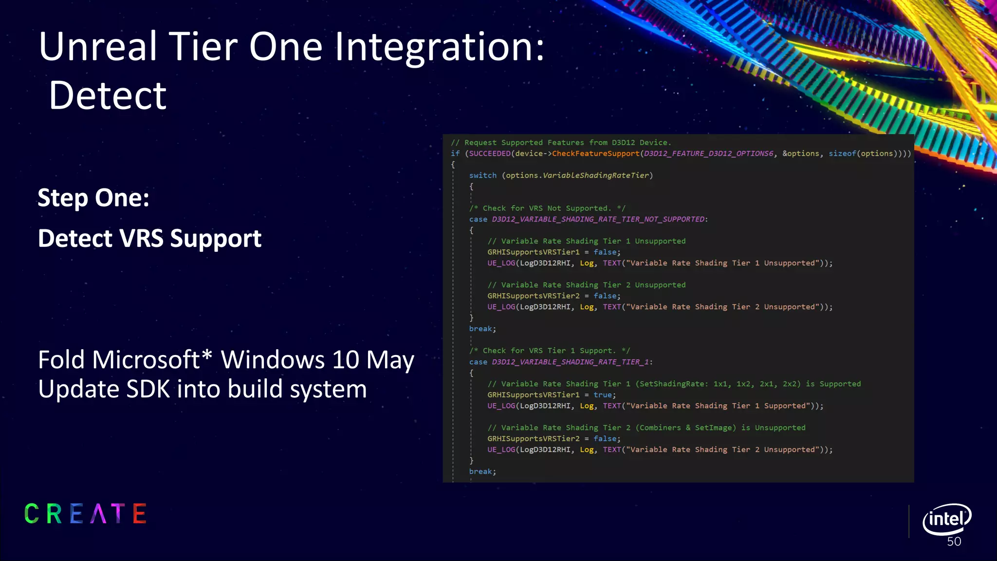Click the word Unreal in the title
click(98, 47)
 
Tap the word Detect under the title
click(108, 95)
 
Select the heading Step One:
click(93, 198)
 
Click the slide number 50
click(954, 542)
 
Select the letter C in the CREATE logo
click(32, 514)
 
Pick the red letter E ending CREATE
click(139, 514)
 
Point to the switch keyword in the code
click(482, 175)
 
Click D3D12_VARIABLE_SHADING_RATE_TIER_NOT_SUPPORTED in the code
click(598, 219)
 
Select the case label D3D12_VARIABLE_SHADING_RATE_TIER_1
click(571, 362)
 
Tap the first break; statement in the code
click(482, 329)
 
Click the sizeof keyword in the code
click(842, 153)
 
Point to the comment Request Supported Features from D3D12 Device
click(561, 143)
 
